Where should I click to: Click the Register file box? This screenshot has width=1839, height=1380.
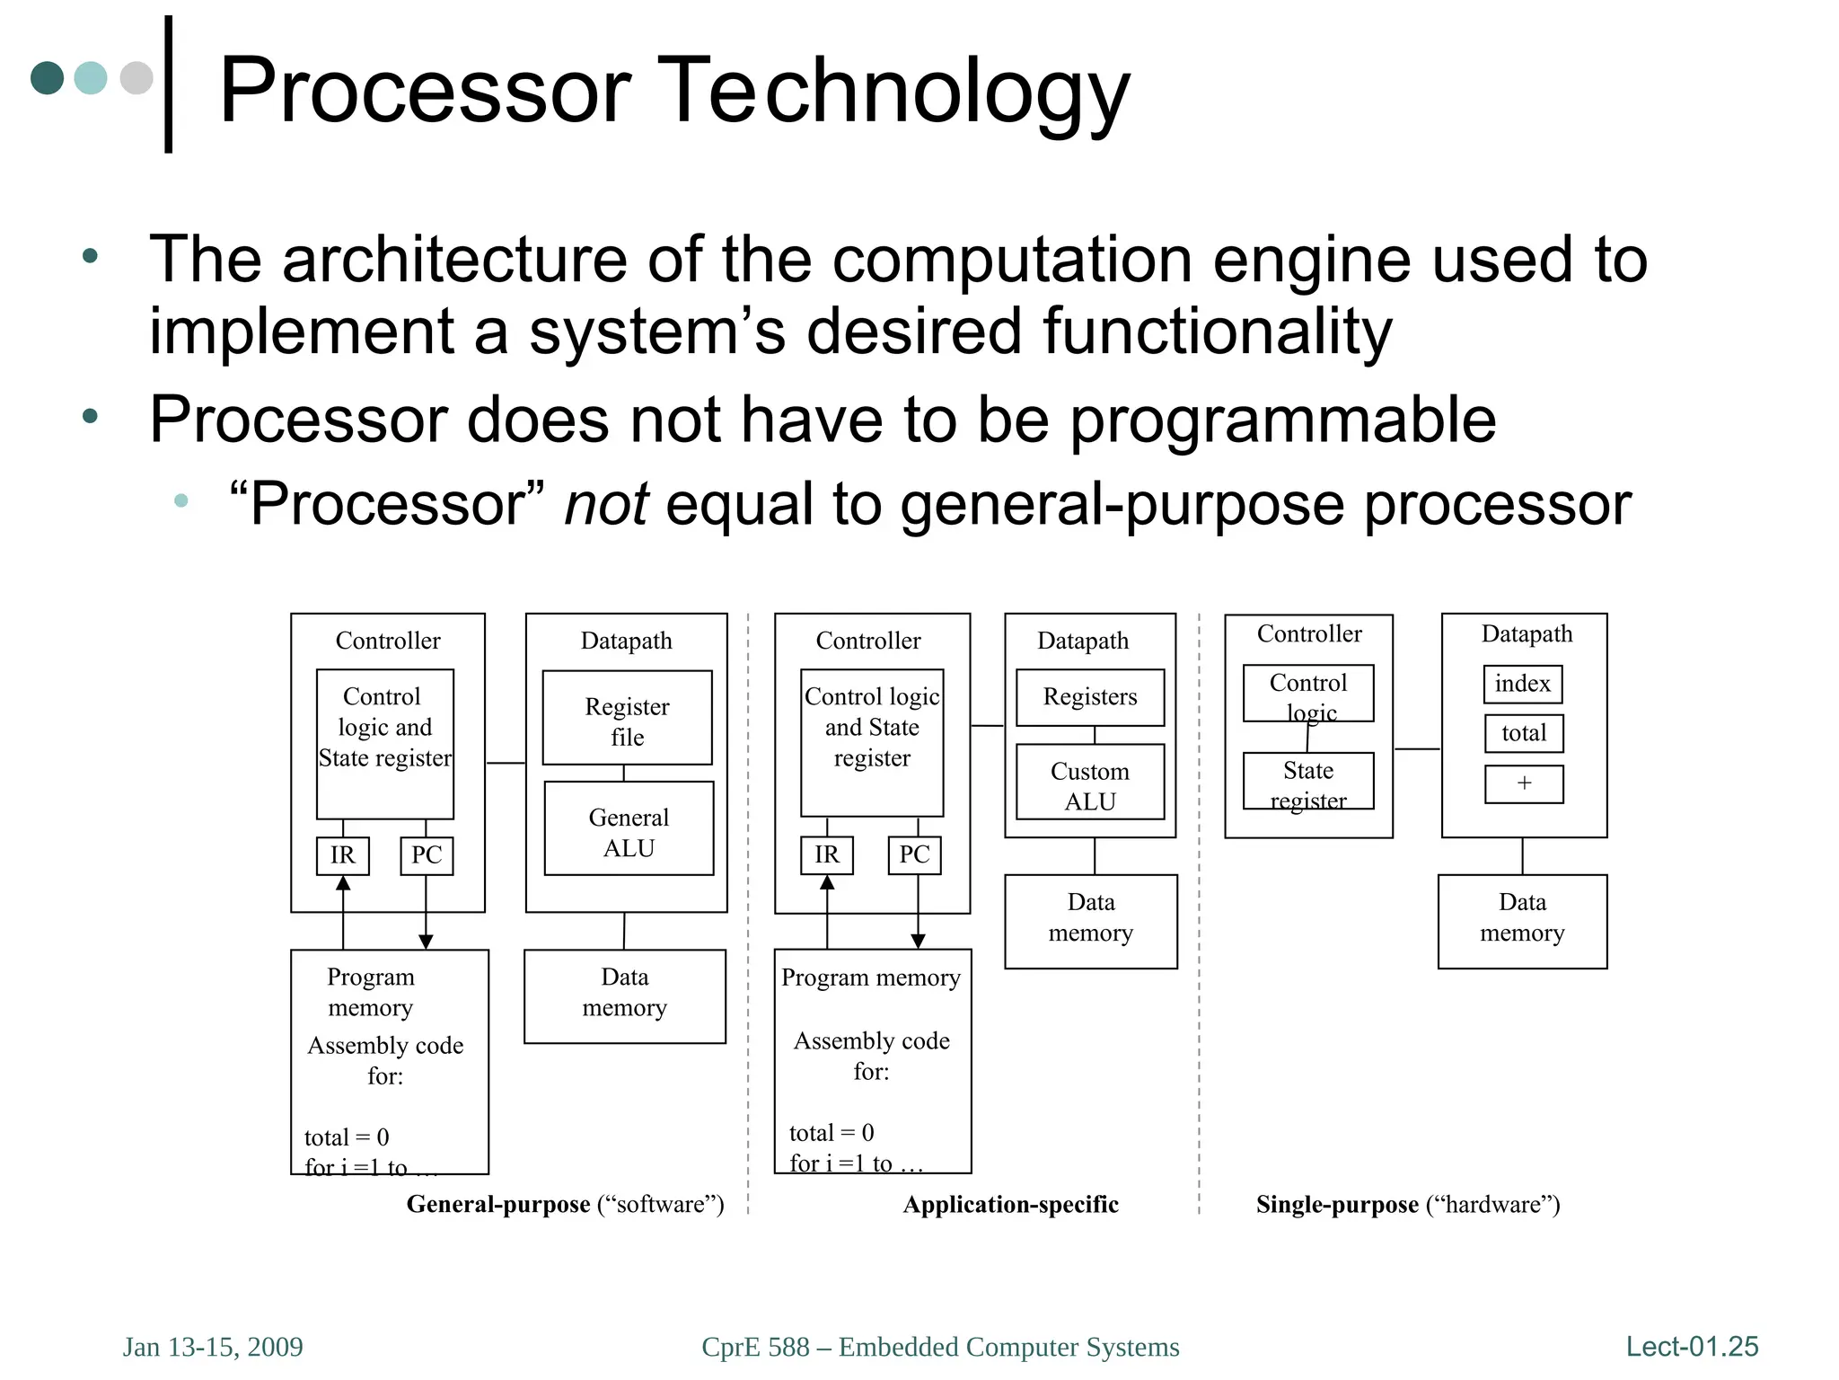point(627,718)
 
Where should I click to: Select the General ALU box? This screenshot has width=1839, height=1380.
point(629,828)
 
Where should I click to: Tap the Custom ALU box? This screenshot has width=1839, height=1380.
point(1089,783)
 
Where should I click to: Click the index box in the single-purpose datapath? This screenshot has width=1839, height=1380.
point(1523,684)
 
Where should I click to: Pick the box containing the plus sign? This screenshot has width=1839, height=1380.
point(1524,783)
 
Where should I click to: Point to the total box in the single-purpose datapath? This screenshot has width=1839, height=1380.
point(1524,733)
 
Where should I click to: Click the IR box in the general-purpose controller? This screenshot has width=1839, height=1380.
point(342,855)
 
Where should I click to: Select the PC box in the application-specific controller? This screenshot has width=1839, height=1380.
point(914,854)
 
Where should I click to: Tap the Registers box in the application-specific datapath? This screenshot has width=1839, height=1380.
point(1089,697)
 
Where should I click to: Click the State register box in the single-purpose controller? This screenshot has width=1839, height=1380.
point(1307,782)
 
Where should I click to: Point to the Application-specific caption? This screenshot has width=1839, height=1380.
point(1010,1204)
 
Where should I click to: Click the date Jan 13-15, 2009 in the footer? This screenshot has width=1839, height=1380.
point(213,1347)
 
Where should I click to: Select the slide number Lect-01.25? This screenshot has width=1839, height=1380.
point(1692,1346)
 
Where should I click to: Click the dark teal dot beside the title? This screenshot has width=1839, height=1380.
point(47,78)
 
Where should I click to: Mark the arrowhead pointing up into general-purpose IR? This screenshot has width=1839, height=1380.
point(343,883)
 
